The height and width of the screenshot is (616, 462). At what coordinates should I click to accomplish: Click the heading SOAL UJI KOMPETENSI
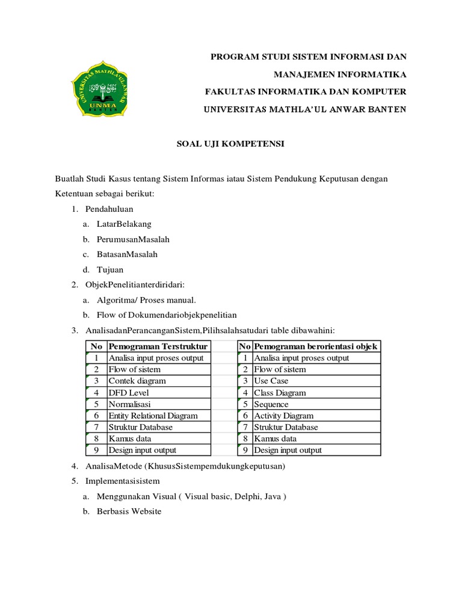[x=221, y=144]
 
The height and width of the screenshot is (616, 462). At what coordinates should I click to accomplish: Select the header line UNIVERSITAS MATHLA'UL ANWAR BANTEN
[x=306, y=109]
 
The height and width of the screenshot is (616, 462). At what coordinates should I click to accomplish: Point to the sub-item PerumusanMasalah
[x=133, y=239]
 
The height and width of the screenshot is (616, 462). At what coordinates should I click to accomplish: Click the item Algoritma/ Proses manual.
[x=146, y=300]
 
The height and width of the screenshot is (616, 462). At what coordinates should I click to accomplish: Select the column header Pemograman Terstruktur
[x=158, y=346]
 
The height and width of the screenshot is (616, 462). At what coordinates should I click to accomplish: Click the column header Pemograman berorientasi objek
[x=316, y=346]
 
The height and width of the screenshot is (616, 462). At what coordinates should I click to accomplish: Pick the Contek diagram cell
[x=137, y=381]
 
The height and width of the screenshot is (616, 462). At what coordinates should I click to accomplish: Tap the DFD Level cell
[x=129, y=393]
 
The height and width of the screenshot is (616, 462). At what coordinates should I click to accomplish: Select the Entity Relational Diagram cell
[x=153, y=416]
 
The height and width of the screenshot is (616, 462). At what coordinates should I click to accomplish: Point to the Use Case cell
[x=271, y=381]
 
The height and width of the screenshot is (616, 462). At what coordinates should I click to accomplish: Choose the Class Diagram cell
[x=280, y=393]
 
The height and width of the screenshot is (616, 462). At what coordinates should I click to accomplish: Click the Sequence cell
[x=271, y=404]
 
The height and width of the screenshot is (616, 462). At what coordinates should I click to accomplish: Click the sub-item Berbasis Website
[x=129, y=511]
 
